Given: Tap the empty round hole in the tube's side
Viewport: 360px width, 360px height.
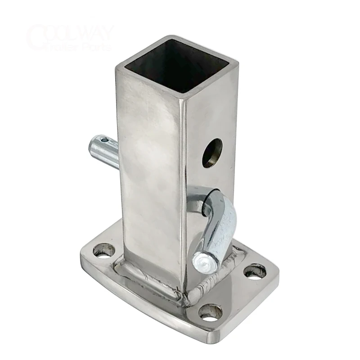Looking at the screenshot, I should coord(212,153).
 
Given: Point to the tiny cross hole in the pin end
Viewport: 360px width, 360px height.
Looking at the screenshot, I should coord(104,142).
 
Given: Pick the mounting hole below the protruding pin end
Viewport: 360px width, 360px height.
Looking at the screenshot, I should coord(103,251).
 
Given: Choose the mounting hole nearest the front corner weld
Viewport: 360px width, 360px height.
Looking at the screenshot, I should coord(210,313).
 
